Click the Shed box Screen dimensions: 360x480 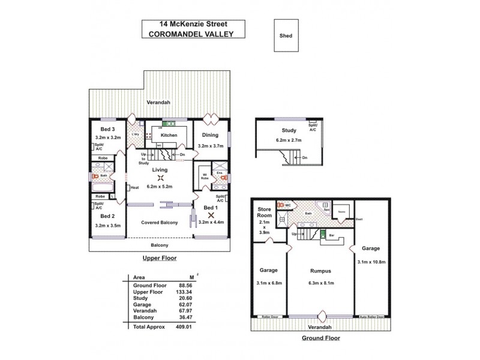pos(286,35)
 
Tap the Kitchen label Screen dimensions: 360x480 pos(169,136)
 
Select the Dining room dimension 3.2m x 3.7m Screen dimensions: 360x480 pos(210,146)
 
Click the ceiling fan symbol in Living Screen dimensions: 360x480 pos(160,177)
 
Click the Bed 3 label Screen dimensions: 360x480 pos(108,129)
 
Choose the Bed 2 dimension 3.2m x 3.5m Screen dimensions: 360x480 pos(108,225)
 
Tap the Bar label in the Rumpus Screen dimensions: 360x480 pos(331,235)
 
